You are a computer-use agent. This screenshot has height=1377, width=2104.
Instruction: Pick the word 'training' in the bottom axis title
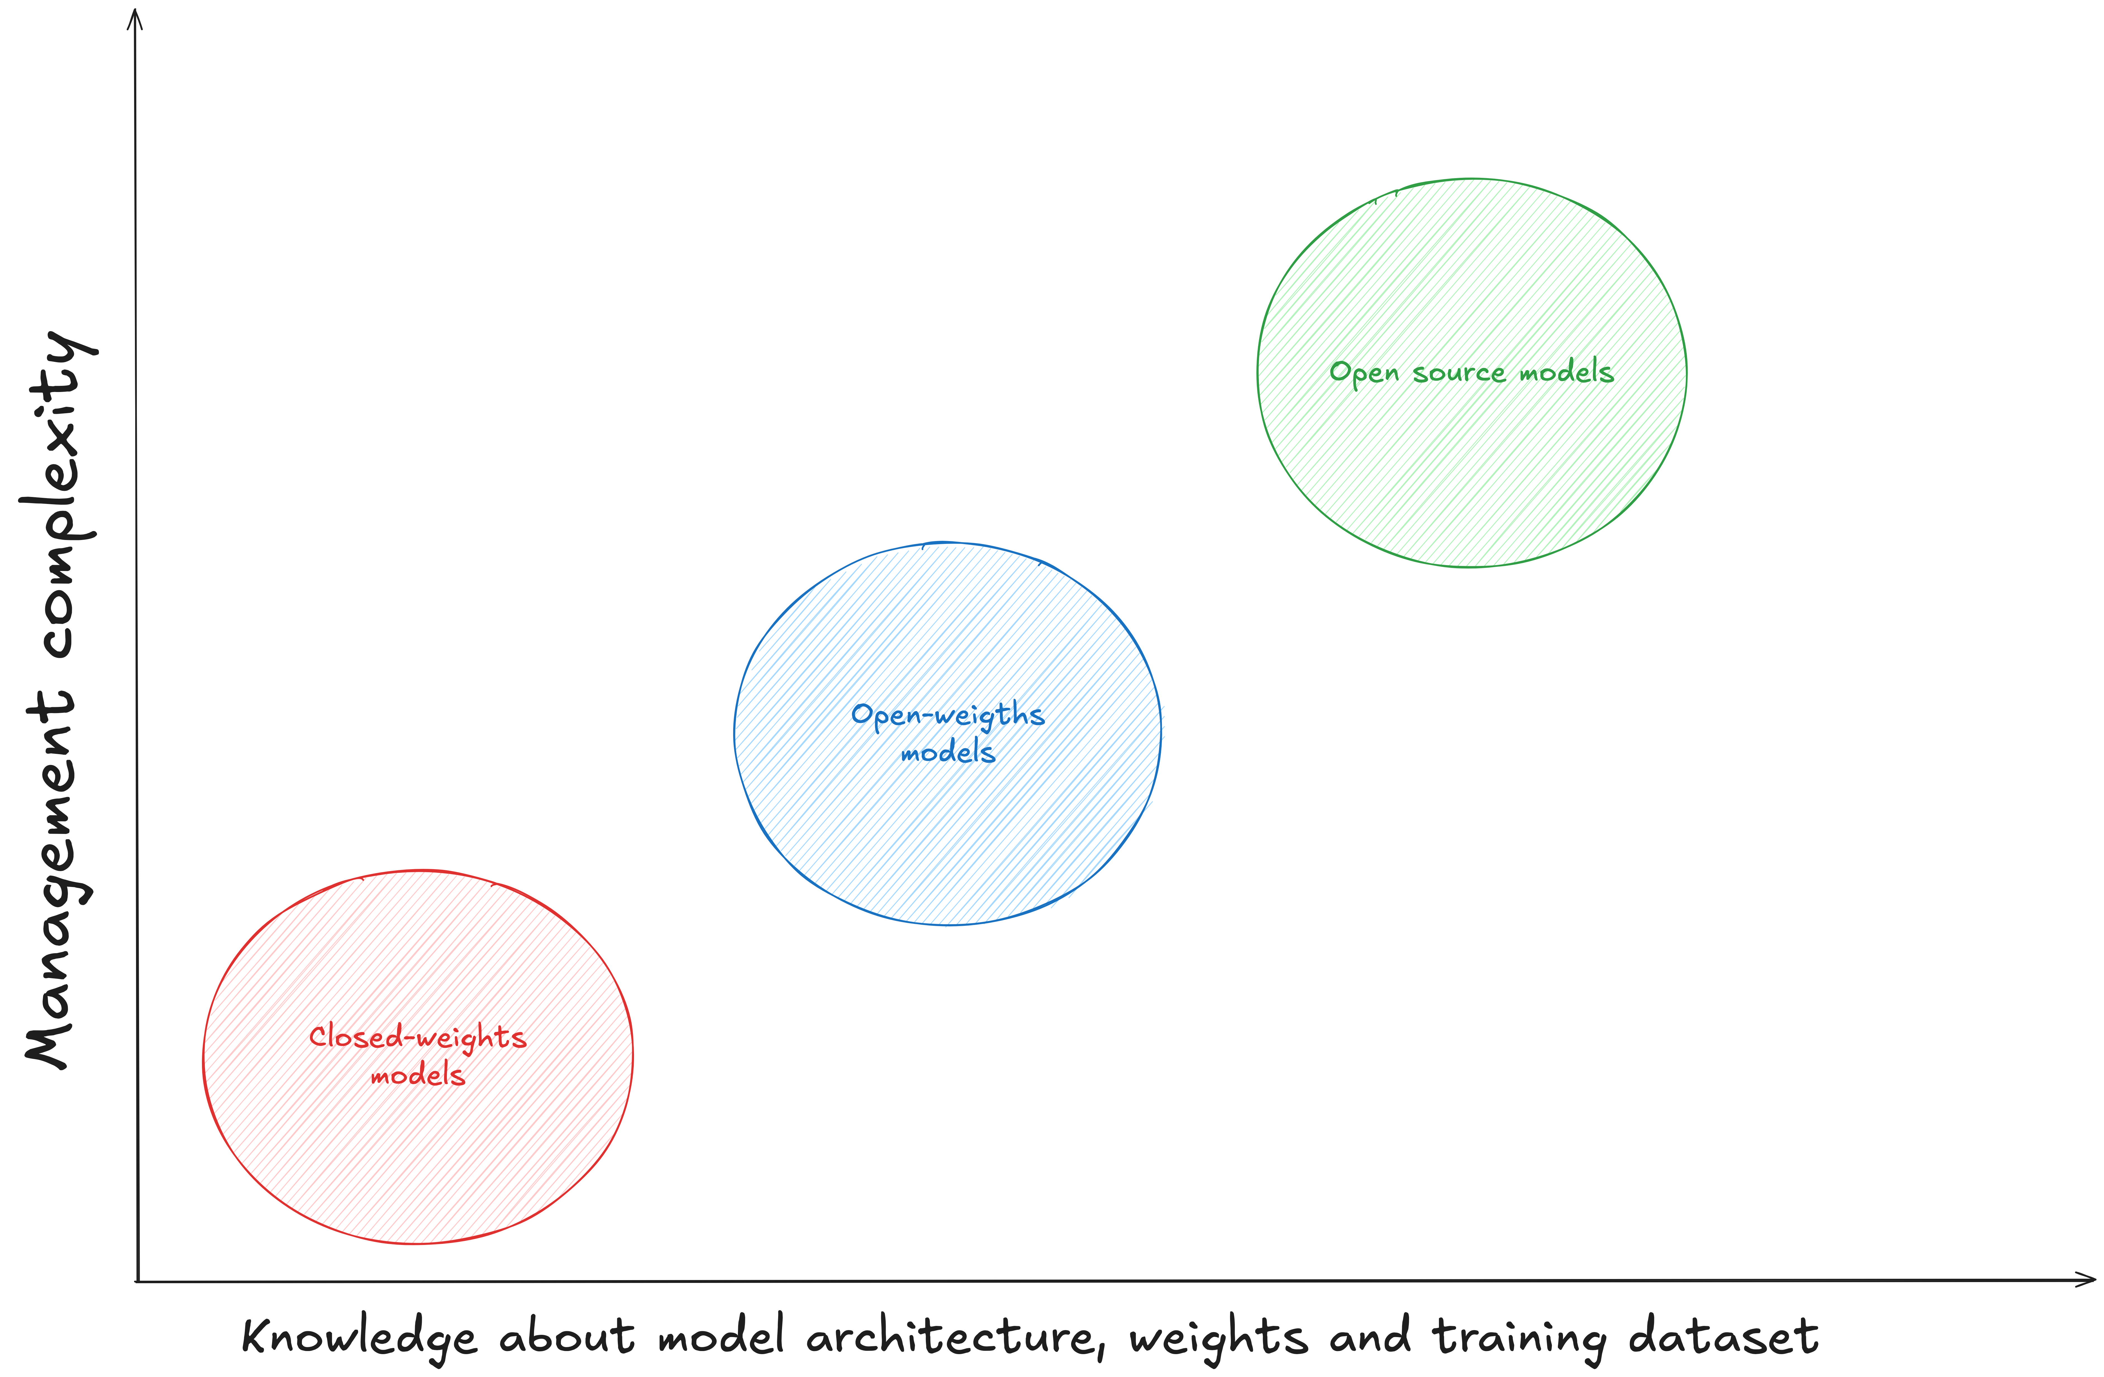click(x=1519, y=1336)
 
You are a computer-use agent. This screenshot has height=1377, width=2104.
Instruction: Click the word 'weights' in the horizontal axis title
click(x=1218, y=1336)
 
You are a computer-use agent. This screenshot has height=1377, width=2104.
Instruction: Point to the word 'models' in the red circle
click(x=417, y=1076)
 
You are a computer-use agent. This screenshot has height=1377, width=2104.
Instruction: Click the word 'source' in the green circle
click(x=1459, y=373)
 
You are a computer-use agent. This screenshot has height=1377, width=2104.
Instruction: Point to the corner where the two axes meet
click(x=138, y=1281)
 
